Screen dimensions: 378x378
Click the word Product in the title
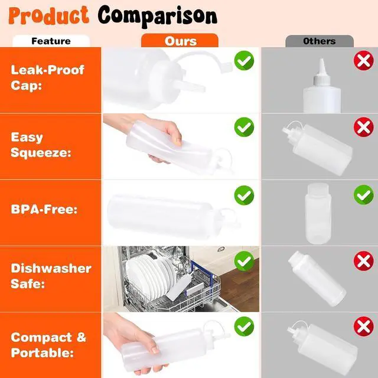click(48, 15)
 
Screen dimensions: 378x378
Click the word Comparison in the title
click(158, 17)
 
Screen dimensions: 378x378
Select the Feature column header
click(51, 41)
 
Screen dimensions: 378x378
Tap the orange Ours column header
click(180, 41)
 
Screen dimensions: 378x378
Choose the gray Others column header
click(320, 41)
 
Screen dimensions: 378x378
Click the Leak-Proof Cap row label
click(47, 77)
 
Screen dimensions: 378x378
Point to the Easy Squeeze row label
click(41, 145)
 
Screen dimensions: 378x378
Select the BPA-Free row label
click(44, 209)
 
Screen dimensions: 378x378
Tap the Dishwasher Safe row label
click(51, 276)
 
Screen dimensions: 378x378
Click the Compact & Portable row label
click(48, 345)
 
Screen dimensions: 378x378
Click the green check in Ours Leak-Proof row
click(244, 60)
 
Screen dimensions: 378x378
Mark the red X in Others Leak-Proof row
click(364, 60)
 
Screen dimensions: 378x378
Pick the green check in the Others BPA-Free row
click(364, 195)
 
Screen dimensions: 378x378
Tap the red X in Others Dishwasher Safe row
click(364, 261)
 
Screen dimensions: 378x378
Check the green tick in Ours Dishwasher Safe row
click(244, 261)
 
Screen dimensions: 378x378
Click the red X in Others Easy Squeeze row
click(364, 127)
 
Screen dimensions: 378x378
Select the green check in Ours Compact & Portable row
click(244, 327)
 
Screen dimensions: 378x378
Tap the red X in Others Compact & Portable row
click(364, 327)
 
